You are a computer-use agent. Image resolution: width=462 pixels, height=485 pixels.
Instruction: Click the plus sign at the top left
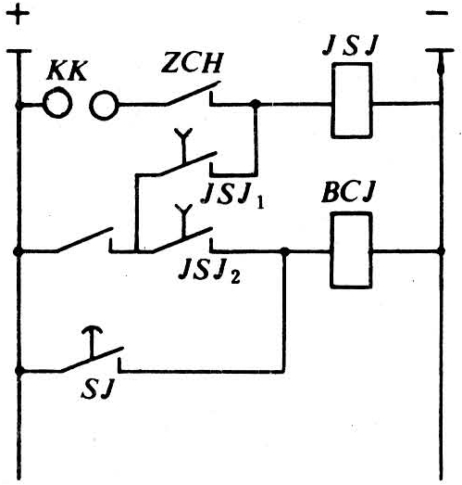[18, 13]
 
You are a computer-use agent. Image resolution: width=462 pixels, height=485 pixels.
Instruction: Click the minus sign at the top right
[436, 13]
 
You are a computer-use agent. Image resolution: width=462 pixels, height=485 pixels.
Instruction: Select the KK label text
[66, 70]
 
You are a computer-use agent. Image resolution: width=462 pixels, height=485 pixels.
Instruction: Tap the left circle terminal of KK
[57, 103]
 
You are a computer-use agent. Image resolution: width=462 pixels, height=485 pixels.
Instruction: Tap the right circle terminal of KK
[105, 106]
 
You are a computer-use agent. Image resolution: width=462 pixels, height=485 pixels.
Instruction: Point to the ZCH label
[192, 64]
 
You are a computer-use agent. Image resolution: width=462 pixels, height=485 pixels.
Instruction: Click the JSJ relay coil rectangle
[352, 100]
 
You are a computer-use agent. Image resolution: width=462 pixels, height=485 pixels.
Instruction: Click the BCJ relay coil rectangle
[351, 250]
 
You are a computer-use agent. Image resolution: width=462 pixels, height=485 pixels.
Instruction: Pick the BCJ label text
[348, 192]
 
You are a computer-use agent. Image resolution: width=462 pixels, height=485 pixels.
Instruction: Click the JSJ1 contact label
[233, 197]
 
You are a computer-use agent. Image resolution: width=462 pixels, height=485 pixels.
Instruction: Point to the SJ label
[96, 389]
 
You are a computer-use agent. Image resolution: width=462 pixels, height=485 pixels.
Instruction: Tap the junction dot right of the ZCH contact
[256, 104]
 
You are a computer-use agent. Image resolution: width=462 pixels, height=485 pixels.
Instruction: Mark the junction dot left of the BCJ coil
[285, 252]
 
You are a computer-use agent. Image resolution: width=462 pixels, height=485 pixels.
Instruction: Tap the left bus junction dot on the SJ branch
[19, 370]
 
